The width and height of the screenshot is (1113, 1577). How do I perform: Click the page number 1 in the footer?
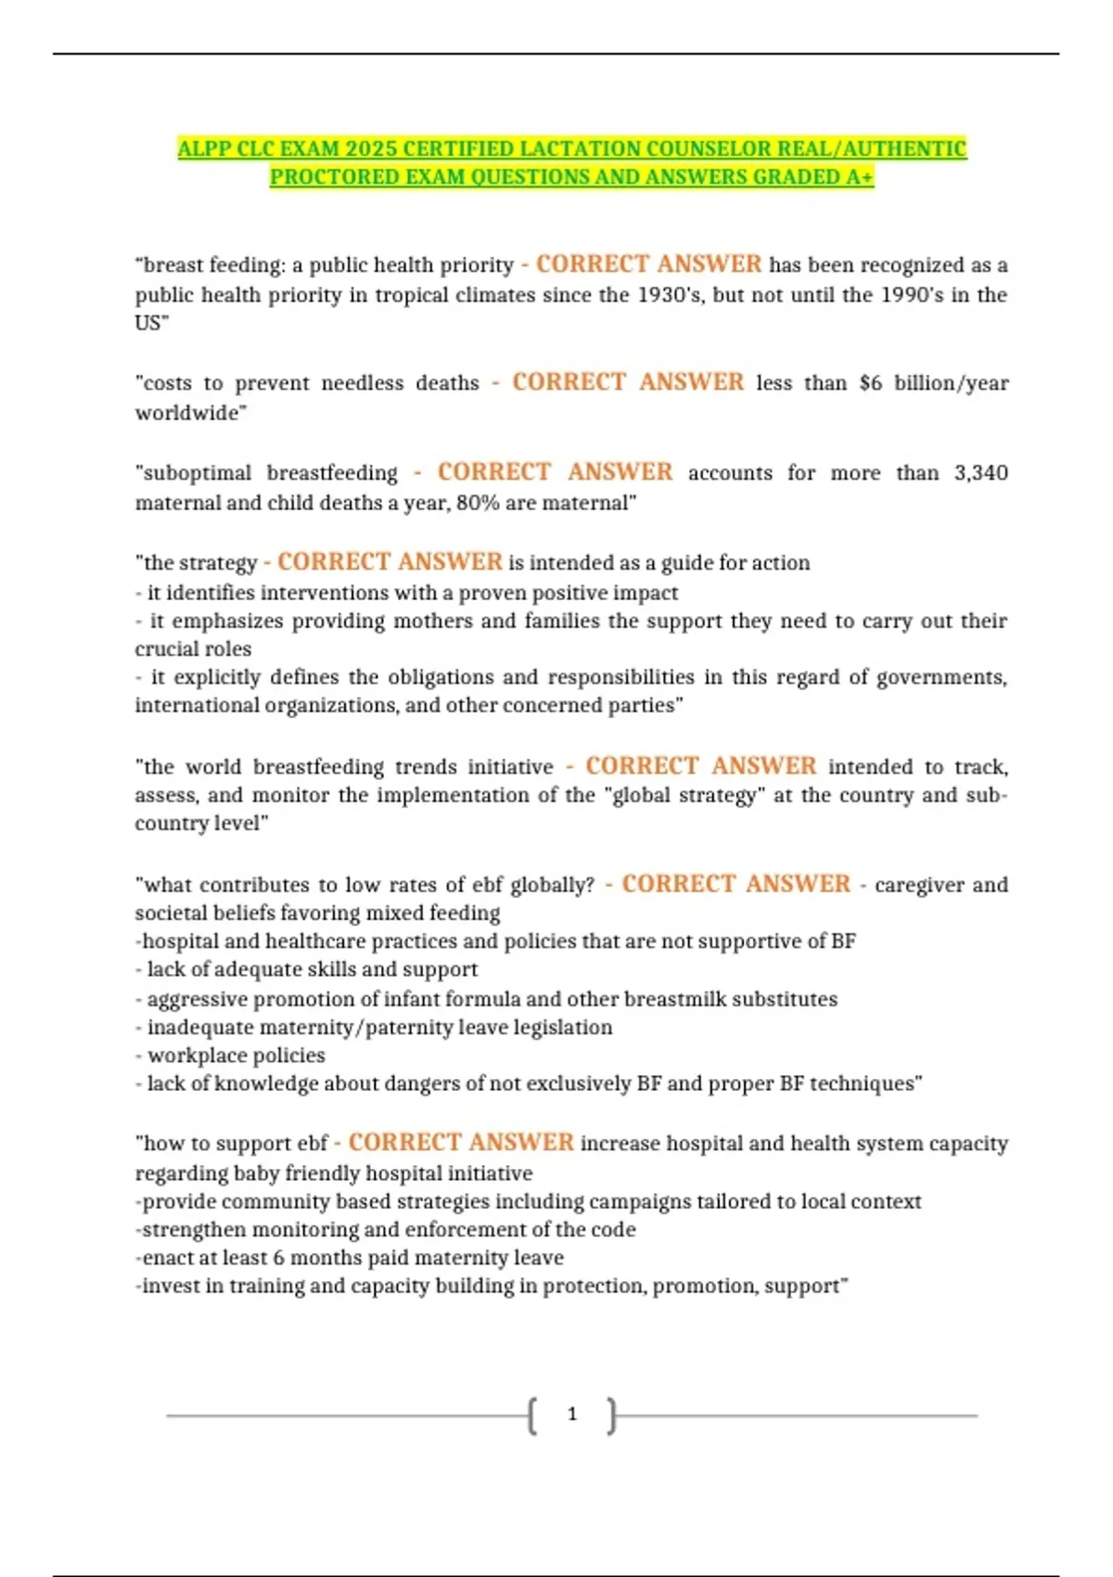(571, 1414)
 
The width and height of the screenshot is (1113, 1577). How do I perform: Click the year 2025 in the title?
(371, 148)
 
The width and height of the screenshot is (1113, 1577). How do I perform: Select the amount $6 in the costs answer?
(870, 383)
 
